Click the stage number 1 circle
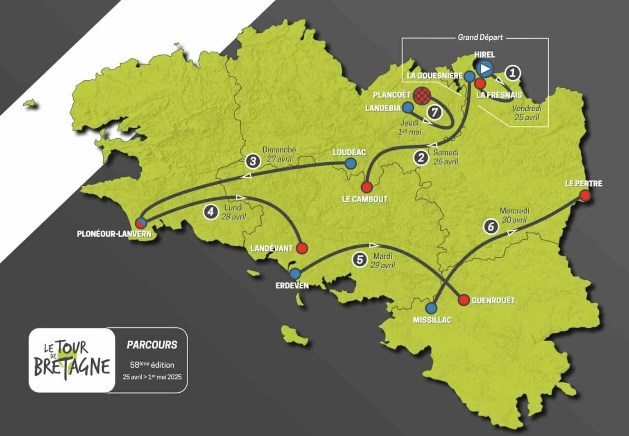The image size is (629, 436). [512, 73]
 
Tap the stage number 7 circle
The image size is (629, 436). [434, 112]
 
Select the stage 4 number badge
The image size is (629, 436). [210, 211]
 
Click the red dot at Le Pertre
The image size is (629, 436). [585, 196]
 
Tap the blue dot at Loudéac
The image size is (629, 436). [350, 164]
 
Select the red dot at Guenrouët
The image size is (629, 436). [464, 300]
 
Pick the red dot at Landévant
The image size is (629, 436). [302, 248]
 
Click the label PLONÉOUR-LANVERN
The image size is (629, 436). [114, 234]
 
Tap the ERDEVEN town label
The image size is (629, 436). [292, 285]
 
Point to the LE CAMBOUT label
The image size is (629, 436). [364, 199]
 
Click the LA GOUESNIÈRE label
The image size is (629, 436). [434, 76]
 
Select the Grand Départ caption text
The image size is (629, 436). [480, 37]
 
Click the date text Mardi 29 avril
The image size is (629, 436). [382, 261]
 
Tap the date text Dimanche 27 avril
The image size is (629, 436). [279, 155]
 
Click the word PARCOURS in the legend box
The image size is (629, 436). [152, 345]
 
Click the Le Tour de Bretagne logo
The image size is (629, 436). [72, 360]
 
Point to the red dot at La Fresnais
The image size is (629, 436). [480, 84]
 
